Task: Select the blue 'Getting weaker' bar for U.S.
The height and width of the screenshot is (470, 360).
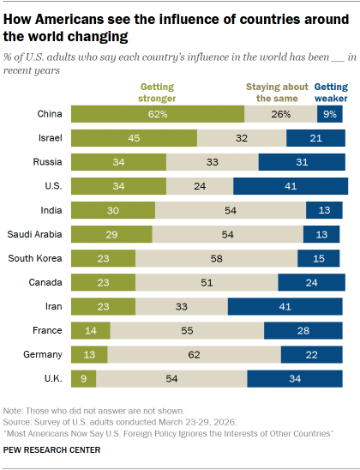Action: [x=291, y=186]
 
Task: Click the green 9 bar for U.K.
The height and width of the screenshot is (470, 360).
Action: [x=83, y=378]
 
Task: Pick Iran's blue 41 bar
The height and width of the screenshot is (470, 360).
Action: [x=287, y=306]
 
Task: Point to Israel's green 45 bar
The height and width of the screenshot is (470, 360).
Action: [x=134, y=138]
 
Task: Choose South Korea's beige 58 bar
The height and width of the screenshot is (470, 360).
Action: [x=216, y=258]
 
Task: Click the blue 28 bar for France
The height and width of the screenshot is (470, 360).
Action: [x=304, y=330]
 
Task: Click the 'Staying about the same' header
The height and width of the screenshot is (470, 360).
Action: [x=276, y=92]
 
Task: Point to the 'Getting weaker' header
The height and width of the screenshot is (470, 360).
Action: [x=332, y=92]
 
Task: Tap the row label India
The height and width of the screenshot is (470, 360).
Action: [x=50, y=210]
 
